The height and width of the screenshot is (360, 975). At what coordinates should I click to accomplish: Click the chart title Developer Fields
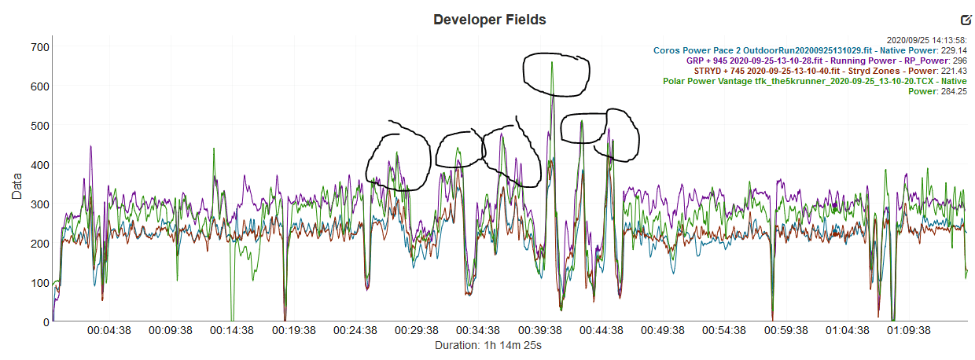pyautogui.click(x=489, y=20)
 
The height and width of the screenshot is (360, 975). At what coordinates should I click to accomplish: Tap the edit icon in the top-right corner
pyautogui.click(x=966, y=20)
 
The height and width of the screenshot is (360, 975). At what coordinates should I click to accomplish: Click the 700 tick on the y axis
pyautogui.click(x=39, y=47)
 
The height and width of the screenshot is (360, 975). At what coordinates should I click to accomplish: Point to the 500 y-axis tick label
pyautogui.click(x=39, y=126)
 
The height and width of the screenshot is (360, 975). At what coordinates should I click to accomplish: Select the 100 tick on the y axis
pyautogui.click(x=39, y=283)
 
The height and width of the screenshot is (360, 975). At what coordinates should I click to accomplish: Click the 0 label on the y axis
pyautogui.click(x=46, y=321)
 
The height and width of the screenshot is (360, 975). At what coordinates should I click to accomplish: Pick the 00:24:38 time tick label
pyautogui.click(x=355, y=332)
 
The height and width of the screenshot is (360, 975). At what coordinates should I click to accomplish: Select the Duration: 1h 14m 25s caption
pyautogui.click(x=487, y=345)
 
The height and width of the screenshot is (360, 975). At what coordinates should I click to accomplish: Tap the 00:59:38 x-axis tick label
pyautogui.click(x=789, y=332)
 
